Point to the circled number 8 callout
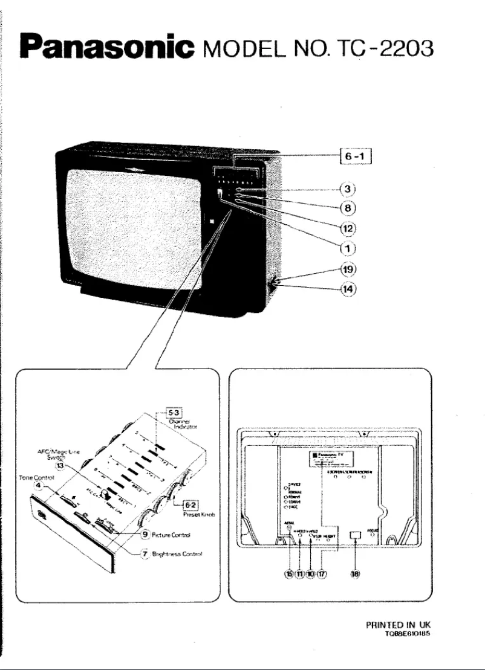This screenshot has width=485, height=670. pos(348,208)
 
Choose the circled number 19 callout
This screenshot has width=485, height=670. pos(348,268)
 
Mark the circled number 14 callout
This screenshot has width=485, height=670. pos(348,288)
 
